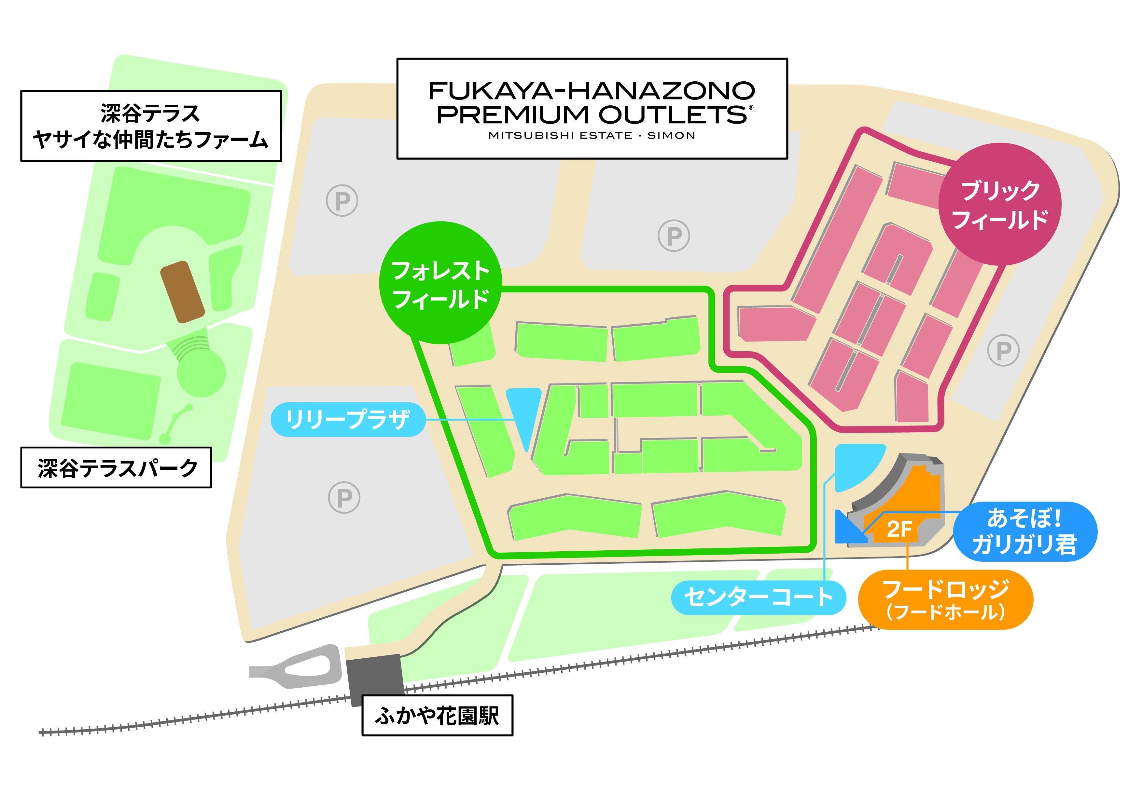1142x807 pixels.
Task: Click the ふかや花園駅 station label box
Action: pyautogui.click(x=437, y=716)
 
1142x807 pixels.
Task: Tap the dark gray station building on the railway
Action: pyautogui.click(x=375, y=678)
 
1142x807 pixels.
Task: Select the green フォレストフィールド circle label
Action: pyautogui.click(x=440, y=283)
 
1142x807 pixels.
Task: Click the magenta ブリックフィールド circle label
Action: pyautogui.click(x=1000, y=204)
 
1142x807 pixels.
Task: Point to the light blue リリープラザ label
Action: pyautogui.click(x=348, y=419)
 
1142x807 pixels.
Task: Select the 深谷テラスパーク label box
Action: pyautogui.click(x=116, y=468)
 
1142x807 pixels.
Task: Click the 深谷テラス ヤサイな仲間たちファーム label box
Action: pyautogui.click(x=151, y=126)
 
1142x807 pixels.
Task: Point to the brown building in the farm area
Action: pyautogui.click(x=182, y=292)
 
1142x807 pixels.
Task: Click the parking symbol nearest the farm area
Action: pyautogui.click(x=342, y=200)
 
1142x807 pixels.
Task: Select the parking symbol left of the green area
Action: pyautogui.click(x=344, y=497)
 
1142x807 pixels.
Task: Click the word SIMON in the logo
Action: pyautogui.click(x=671, y=136)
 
